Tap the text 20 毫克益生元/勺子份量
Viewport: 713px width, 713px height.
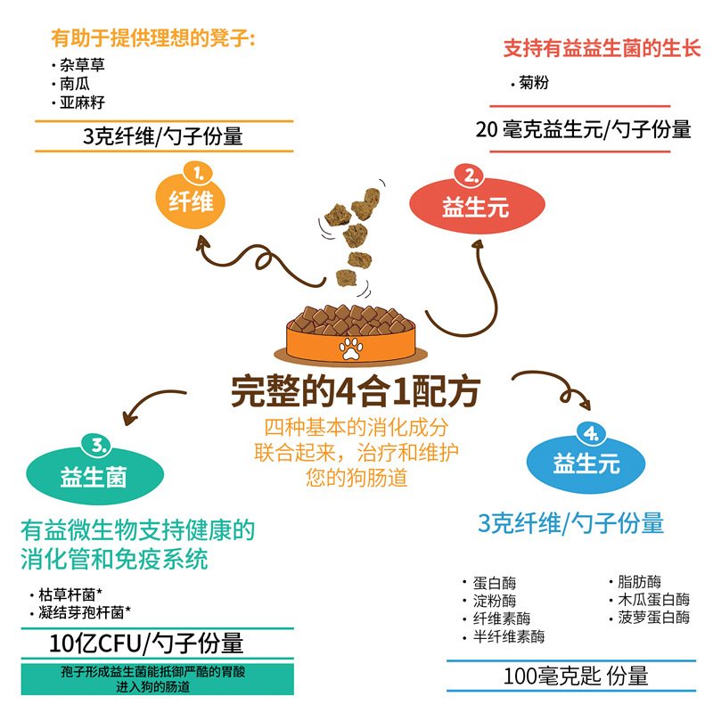(584, 130)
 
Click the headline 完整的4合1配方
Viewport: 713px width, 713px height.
(356, 390)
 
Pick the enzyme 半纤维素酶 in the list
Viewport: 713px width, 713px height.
(509, 636)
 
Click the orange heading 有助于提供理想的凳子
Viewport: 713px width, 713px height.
(153, 38)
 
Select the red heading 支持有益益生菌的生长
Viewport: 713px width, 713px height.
(602, 47)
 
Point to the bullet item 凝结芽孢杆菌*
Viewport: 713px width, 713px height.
(86, 612)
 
